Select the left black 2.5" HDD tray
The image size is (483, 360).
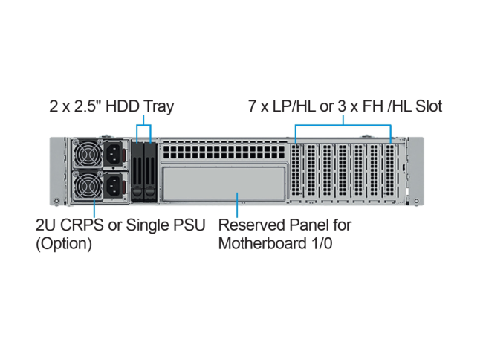(137, 171)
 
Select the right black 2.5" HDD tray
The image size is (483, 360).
(150, 171)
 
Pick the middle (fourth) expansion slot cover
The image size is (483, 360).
(343, 173)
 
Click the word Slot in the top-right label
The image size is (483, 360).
(427, 106)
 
